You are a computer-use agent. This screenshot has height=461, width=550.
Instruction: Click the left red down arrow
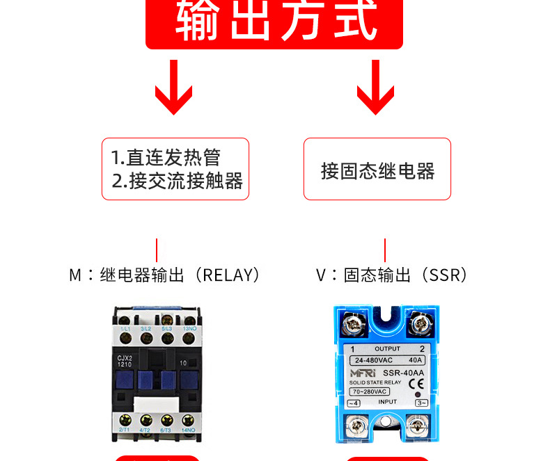click(173, 87)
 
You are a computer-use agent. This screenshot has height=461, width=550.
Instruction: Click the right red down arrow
click(376, 87)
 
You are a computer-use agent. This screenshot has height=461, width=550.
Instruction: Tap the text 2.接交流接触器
click(178, 181)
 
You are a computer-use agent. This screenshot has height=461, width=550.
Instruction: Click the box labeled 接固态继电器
click(377, 170)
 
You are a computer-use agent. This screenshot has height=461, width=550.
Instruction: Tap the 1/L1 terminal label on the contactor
click(126, 328)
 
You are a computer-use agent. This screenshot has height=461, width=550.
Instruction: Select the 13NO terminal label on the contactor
click(189, 328)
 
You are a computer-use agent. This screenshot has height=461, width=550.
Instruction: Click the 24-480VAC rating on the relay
click(374, 360)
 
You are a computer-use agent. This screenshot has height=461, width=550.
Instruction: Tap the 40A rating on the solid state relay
click(415, 360)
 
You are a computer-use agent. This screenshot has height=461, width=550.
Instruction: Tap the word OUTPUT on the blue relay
click(387, 348)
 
